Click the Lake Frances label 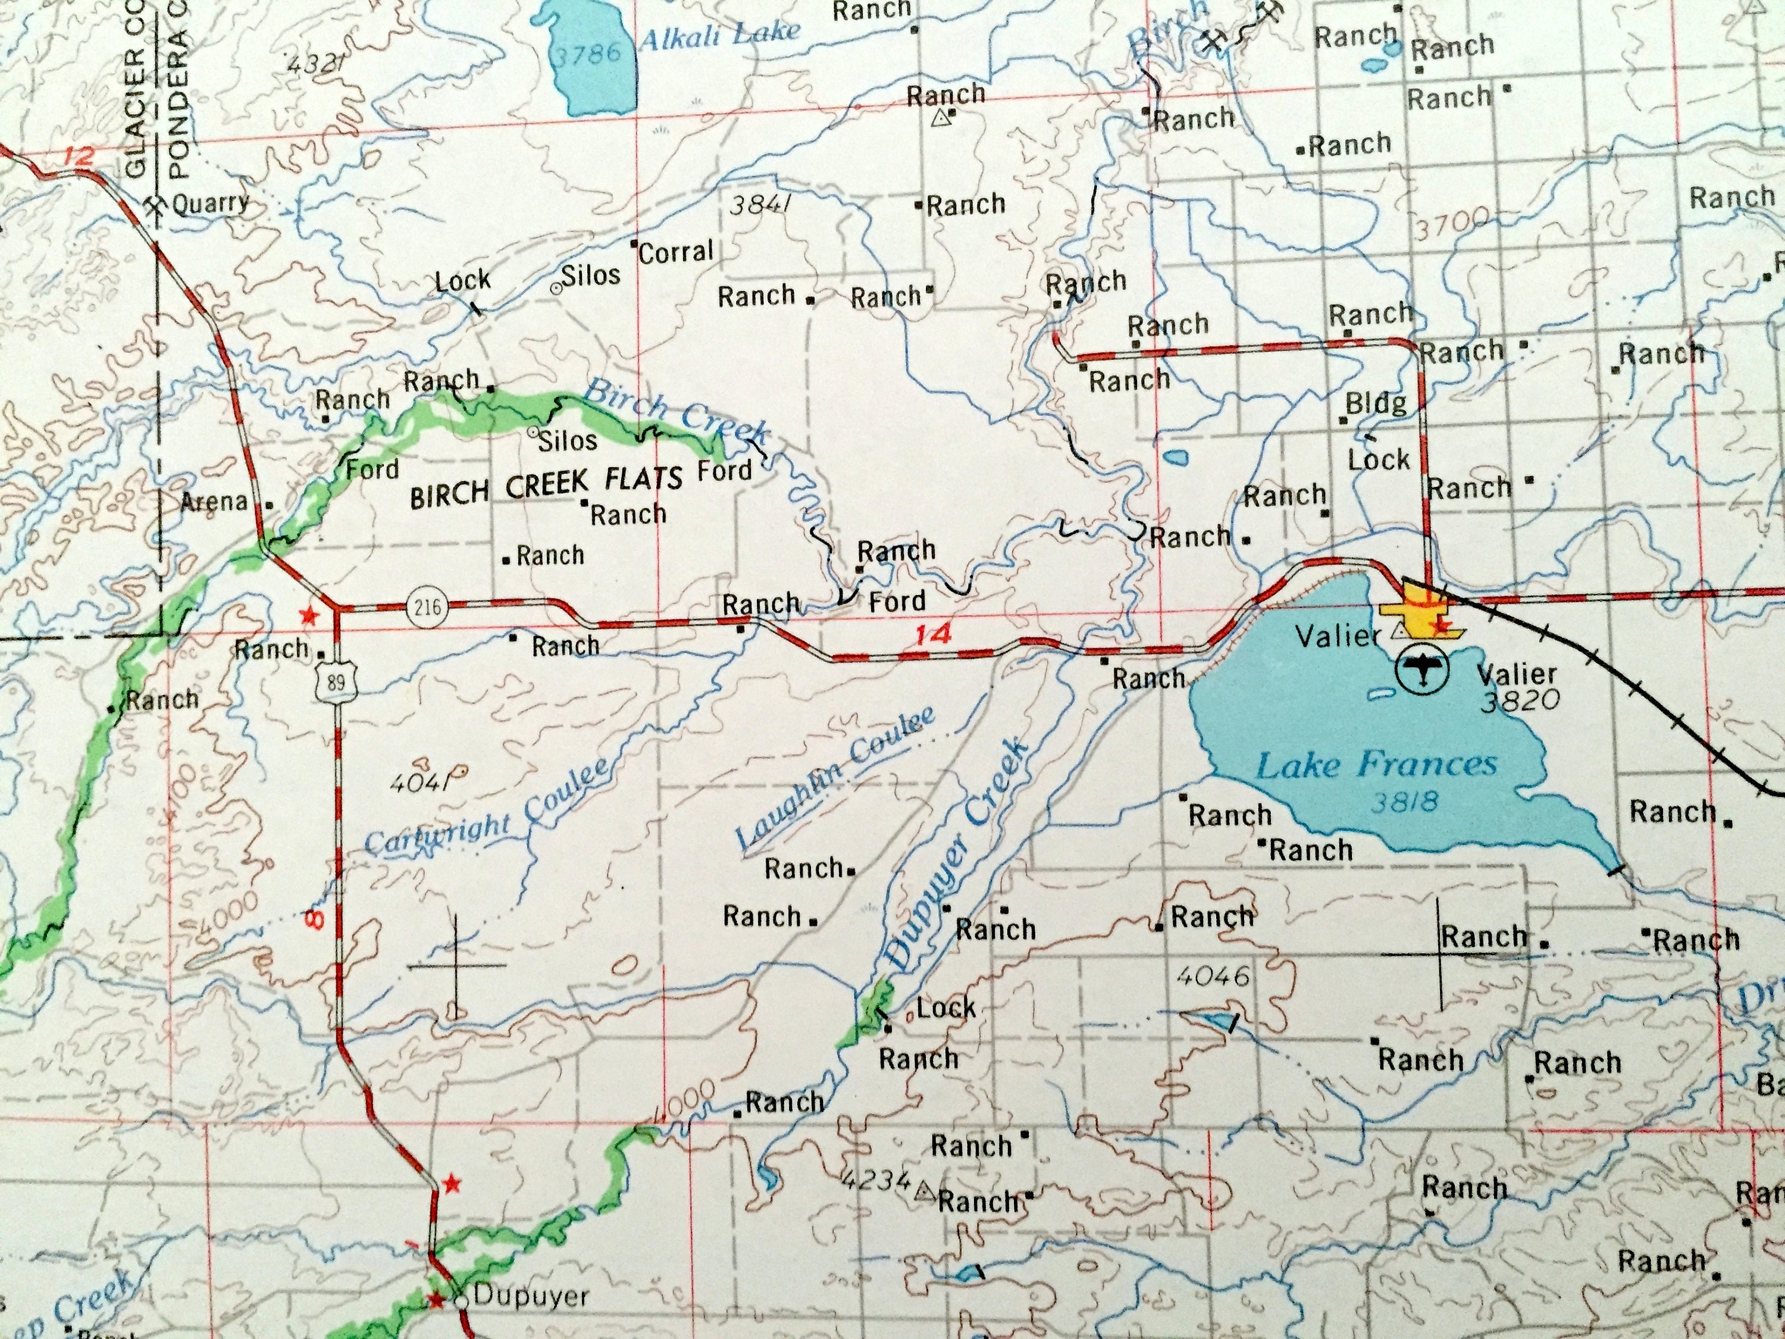(x=1376, y=763)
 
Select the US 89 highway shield (x=335, y=682)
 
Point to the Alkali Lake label (x=718, y=35)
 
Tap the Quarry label (x=211, y=202)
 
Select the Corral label (x=677, y=253)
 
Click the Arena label (x=214, y=502)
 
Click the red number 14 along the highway (x=933, y=635)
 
